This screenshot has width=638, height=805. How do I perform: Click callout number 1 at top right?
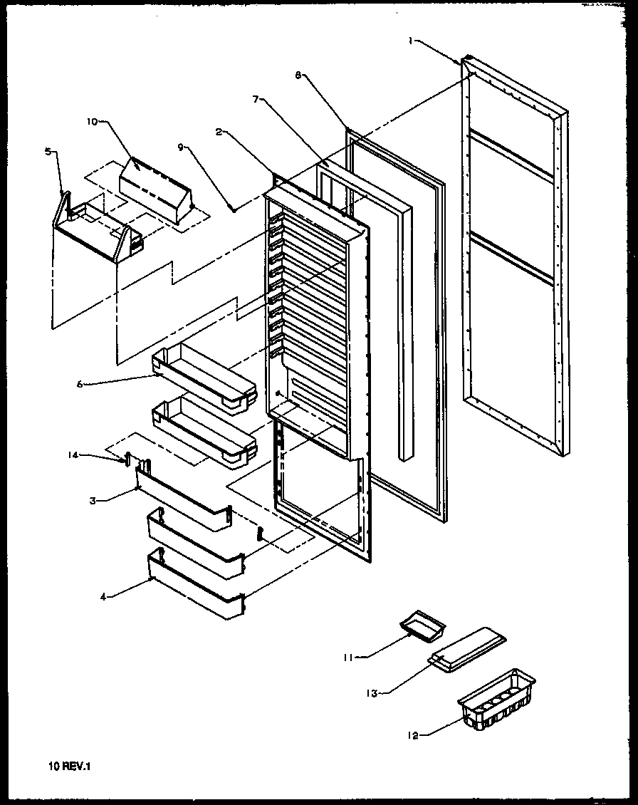point(410,41)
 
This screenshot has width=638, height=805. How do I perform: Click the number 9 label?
point(181,147)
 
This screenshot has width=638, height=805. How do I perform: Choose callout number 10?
point(92,122)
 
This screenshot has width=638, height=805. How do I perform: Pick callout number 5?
point(48,151)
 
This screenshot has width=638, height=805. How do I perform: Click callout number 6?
point(81,384)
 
